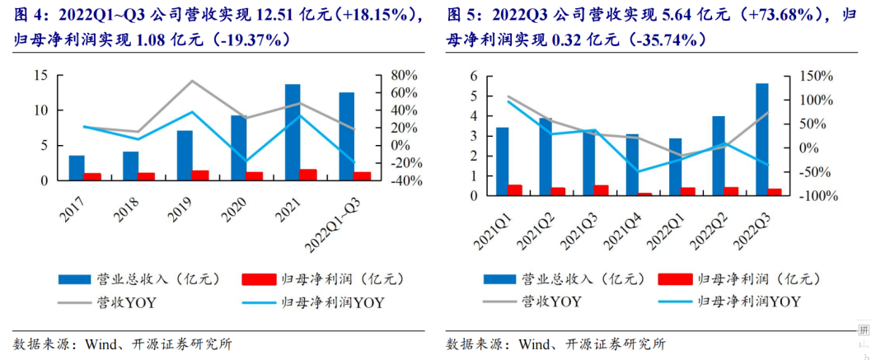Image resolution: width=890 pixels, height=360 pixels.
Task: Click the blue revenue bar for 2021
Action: tap(292, 132)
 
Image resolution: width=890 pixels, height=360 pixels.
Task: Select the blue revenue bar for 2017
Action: tap(76, 167)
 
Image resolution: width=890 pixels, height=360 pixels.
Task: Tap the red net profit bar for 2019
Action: tap(200, 175)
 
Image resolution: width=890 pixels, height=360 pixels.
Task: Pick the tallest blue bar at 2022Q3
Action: tap(762, 140)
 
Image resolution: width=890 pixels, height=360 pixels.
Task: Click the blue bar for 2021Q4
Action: tap(632, 165)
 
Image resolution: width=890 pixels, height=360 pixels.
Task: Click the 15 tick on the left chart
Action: tap(40, 76)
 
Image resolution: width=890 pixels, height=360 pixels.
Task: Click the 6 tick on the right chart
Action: tap(475, 76)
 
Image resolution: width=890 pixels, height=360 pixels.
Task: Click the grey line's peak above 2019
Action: tap(192, 81)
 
